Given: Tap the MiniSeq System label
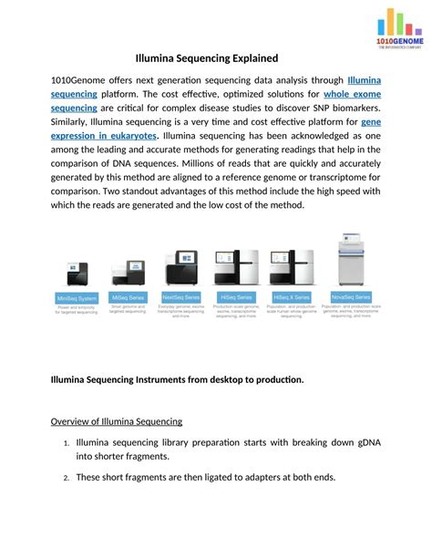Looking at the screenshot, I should point(77,297).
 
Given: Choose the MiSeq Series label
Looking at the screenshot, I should point(130,297).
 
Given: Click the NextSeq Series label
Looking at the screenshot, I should point(181,296).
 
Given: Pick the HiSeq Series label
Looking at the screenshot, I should point(235,296).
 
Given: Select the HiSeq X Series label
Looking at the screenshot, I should point(291,296).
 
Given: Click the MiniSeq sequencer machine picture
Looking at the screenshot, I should point(76,275).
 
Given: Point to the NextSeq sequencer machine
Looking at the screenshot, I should point(181,269).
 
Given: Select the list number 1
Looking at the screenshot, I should point(66,444).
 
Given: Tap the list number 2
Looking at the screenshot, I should point(66,478).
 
